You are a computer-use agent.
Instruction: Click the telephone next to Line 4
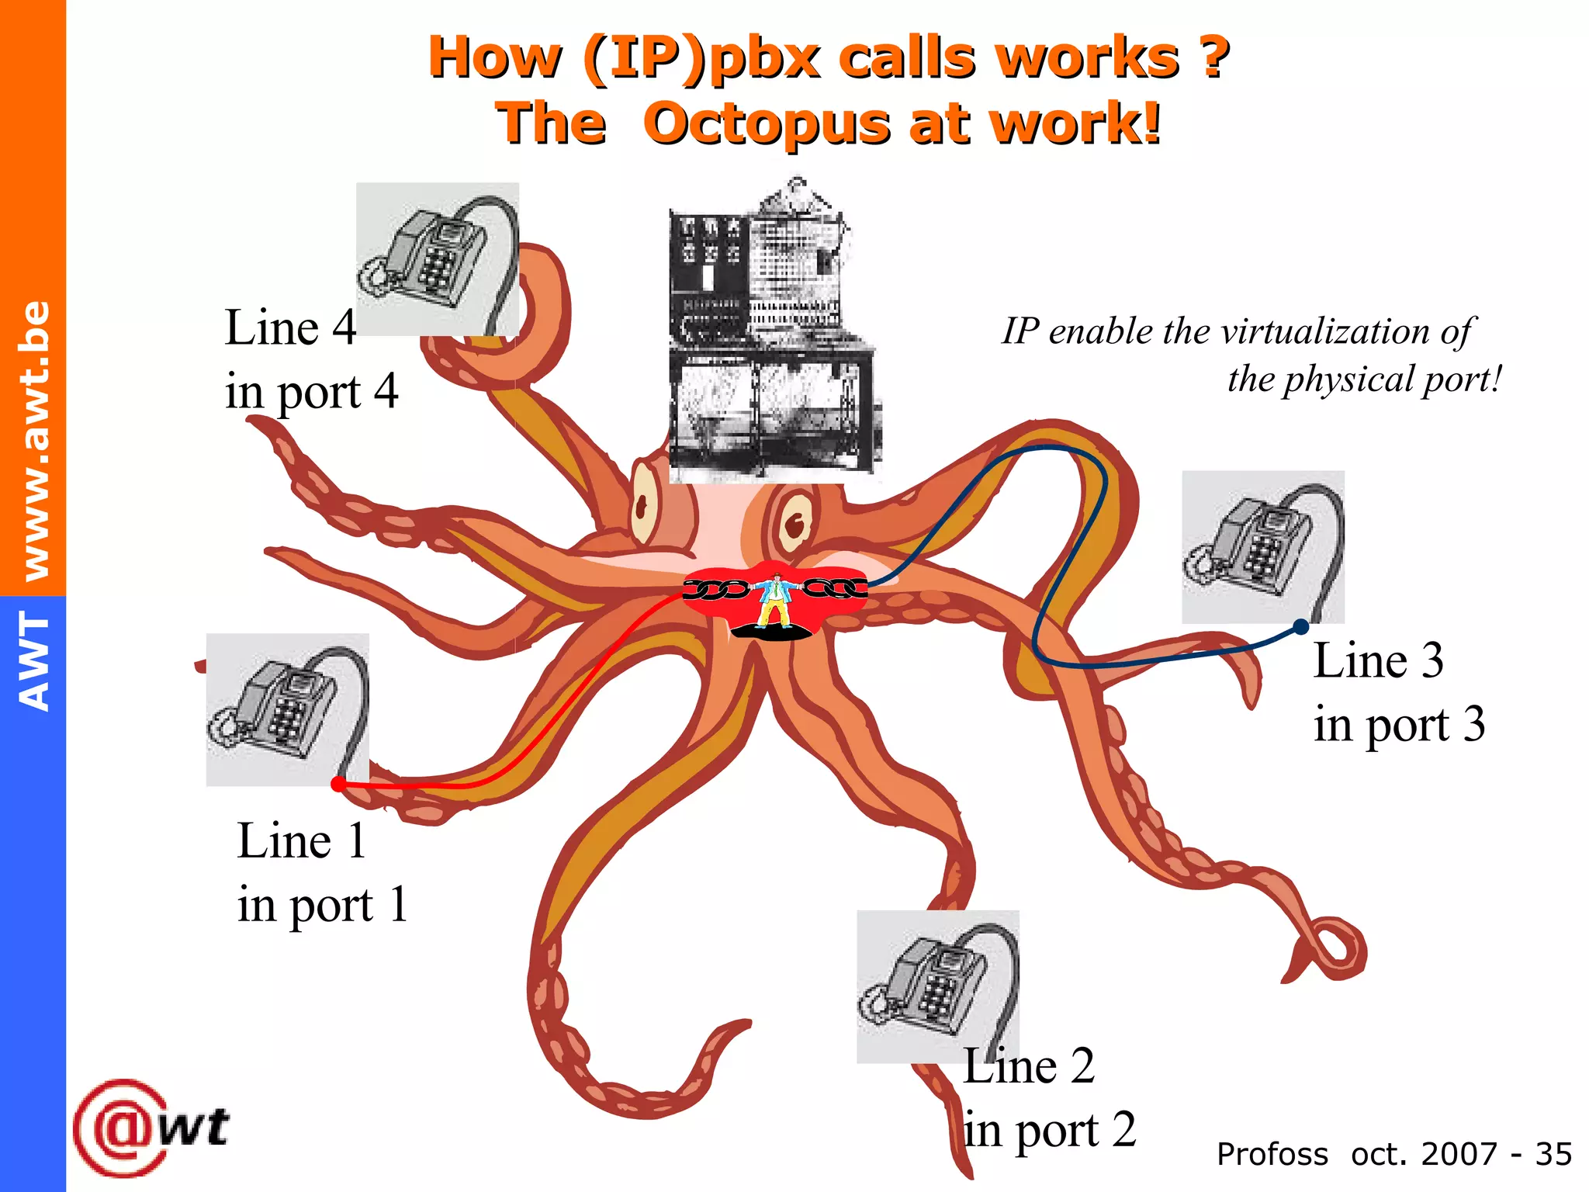click(437, 259)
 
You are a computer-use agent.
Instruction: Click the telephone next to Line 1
click(287, 709)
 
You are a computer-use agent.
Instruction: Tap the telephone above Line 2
click(937, 986)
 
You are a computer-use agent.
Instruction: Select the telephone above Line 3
click(1262, 546)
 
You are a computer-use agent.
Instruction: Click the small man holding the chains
click(774, 600)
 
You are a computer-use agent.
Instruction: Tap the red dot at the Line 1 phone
click(338, 784)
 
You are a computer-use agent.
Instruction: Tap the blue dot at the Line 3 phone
click(1301, 626)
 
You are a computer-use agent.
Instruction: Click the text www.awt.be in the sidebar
click(34, 440)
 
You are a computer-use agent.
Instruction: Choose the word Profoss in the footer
click(1272, 1154)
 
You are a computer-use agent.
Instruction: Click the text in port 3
click(1399, 725)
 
